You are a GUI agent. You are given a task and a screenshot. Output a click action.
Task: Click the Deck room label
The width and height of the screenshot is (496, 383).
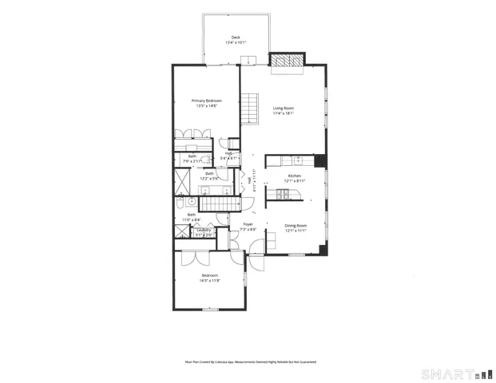[236, 38]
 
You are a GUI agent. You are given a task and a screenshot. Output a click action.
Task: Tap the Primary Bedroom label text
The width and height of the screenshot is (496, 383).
[206, 101]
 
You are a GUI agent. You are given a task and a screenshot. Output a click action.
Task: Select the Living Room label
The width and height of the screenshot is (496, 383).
[284, 109]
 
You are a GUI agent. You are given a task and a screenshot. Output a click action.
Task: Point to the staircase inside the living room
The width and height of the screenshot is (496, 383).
[252, 109]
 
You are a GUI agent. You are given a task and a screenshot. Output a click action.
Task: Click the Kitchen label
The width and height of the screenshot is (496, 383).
[294, 176]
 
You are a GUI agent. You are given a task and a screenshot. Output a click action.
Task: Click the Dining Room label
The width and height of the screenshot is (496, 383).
[296, 225]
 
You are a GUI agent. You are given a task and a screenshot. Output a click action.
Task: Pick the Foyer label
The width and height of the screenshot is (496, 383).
[248, 225]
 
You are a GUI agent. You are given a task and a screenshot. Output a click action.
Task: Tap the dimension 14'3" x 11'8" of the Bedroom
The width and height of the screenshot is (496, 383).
[209, 280]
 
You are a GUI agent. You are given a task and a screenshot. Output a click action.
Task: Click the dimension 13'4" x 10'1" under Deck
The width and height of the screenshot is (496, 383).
[236, 42]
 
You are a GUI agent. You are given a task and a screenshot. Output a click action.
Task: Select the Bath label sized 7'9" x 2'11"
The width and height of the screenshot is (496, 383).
[192, 156]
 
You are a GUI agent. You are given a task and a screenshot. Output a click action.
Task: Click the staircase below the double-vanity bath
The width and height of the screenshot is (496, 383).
[214, 204]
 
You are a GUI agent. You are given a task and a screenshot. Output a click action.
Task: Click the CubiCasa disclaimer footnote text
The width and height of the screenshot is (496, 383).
[250, 361]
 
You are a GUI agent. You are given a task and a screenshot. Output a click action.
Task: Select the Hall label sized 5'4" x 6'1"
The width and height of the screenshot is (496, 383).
[228, 153]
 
